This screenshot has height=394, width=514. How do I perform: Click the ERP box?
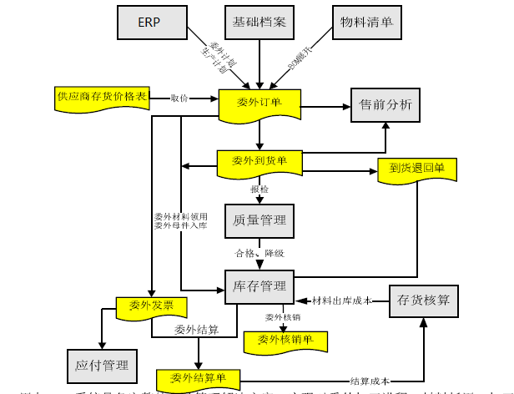pyautogui.click(x=149, y=22)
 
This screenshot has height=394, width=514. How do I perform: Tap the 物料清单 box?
pyautogui.click(x=364, y=22)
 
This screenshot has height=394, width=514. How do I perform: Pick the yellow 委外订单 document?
pyautogui.click(x=259, y=104)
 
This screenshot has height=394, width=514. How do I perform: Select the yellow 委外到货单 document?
pyautogui.click(x=259, y=160)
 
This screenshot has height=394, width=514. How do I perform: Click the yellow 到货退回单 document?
pyautogui.click(x=417, y=168)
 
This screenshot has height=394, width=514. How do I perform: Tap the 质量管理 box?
pyautogui.click(x=259, y=220)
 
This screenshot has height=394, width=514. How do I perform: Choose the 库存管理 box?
pyautogui.click(x=259, y=286)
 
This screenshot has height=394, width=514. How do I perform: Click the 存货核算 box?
pyautogui.click(x=424, y=300)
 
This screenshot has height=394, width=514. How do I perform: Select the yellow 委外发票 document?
pyautogui.click(x=151, y=306)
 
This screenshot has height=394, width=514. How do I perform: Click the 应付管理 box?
pyautogui.click(x=102, y=364)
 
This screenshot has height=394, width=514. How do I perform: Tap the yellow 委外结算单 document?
pyautogui.click(x=199, y=377)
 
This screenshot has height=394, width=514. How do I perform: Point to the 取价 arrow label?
pyautogui.click(x=179, y=98)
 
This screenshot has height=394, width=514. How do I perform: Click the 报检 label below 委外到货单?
pyautogui.click(x=260, y=189)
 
